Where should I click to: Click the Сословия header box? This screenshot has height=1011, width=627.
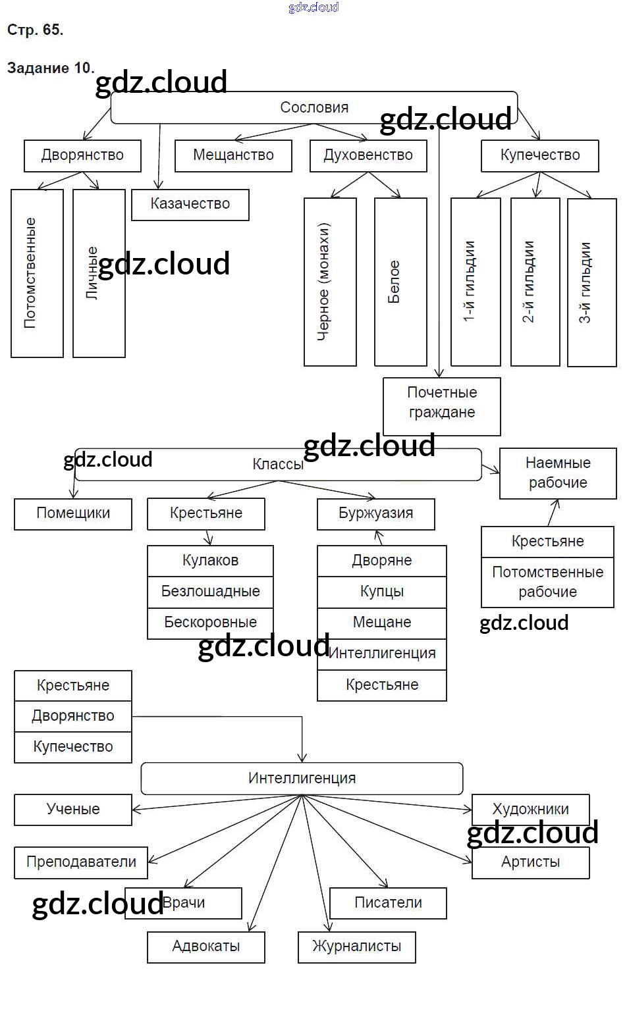[313, 108]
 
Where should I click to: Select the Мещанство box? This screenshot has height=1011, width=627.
[233, 155]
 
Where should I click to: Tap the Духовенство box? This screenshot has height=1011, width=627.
[368, 155]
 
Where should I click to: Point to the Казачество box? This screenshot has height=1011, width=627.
[190, 204]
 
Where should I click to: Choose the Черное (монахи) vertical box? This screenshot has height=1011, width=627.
[330, 282]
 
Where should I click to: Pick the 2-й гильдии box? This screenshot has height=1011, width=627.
[535, 282]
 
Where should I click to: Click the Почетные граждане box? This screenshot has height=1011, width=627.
[441, 403]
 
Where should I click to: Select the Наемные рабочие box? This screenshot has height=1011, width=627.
[558, 473]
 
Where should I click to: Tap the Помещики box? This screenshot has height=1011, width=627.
[73, 513]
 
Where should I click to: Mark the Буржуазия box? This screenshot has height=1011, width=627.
[375, 513]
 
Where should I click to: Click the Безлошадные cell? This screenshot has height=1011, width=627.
[210, 591]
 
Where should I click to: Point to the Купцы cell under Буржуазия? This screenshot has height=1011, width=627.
[381, 591]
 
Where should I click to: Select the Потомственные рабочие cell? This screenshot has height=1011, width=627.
[547, 582]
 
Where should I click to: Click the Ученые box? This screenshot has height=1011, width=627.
[73, 810]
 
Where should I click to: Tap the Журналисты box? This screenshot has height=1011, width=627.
[356, 946]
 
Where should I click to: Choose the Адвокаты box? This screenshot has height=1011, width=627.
[205, 946]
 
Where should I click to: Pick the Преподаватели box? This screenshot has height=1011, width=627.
[81, 862]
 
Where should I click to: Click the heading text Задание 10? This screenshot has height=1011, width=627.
[51, 68]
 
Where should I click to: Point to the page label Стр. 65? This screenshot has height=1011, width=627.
[35, 30]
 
